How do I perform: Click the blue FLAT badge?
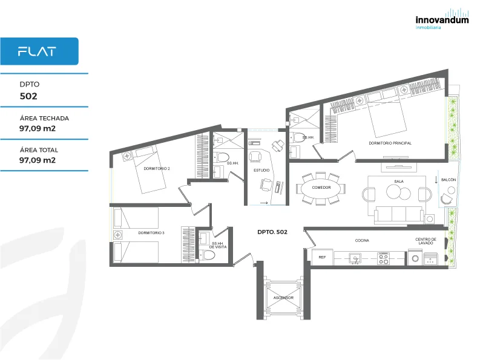click(39, 51)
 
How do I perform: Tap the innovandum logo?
click(442, 19)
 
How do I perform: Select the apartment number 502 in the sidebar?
click(28, 96)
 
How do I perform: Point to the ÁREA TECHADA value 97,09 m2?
click(38, 128)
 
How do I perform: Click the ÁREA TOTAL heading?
click(39, 150)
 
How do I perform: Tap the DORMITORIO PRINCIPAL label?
click(390, 143)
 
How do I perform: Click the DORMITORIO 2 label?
click(157, 169)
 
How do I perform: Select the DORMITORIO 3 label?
click(151, 233)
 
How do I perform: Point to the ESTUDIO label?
click(261, 170)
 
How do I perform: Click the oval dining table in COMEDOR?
click(321, 188)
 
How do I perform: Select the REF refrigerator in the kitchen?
click(322, 257)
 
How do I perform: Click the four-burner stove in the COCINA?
click(384, 258)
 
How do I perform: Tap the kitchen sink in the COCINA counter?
click(355, 258)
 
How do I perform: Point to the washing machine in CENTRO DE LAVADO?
click(415, 259)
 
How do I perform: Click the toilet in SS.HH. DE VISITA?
click(208, 255)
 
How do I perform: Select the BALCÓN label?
click(448, 180)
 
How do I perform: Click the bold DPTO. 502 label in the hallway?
click(272, 232)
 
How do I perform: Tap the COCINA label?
click(362, 241)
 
